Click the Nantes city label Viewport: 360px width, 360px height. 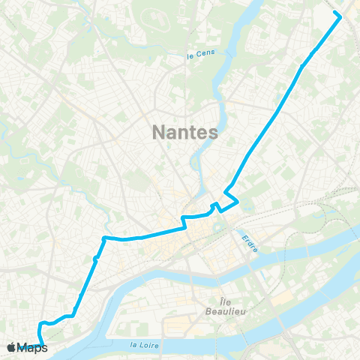click(184, 132)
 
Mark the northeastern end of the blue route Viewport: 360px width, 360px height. click(340, 16)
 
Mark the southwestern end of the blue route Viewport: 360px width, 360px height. click(43, 344)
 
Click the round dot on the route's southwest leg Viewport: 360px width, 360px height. click(96, 259)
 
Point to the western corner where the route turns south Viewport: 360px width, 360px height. click(103, 238)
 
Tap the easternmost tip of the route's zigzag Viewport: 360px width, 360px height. click(238, 200)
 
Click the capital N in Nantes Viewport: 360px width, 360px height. click(158, 132)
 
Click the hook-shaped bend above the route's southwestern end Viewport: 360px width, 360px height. click(42, 325)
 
